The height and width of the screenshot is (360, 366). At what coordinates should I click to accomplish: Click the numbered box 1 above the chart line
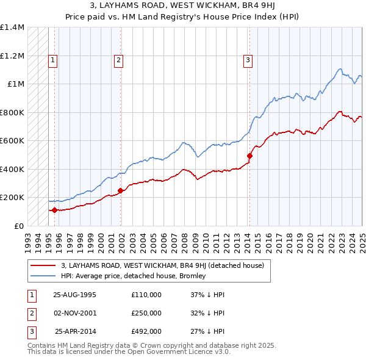click(54, 60)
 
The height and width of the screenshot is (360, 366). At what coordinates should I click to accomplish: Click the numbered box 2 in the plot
click(118, 60)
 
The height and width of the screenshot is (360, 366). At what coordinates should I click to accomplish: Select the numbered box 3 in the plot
click(248, 60)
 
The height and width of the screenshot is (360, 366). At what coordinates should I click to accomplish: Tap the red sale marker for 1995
click(54, 210)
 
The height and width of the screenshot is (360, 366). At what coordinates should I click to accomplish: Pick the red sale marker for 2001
click(120, 190)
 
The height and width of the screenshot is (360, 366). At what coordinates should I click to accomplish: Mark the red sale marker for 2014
click(249, 156)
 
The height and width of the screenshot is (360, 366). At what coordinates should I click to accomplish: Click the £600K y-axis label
click(12, 140)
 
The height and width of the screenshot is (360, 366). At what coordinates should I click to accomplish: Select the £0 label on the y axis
click(18, 226)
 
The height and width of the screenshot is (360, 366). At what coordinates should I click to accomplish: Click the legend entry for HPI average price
click(134, 276)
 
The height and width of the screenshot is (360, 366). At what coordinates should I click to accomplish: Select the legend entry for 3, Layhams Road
click(162, 265)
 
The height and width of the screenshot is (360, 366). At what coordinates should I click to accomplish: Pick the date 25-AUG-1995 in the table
click(75, 295)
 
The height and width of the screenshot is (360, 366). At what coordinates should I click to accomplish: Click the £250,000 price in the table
click(146, 313)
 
